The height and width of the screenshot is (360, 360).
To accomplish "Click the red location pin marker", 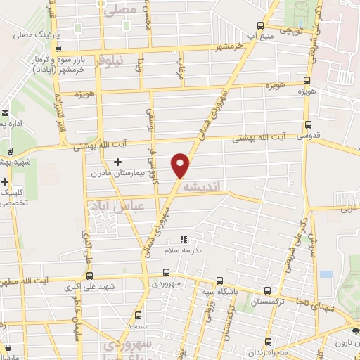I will [181, 165].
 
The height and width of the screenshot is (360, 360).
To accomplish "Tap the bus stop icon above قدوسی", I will [304, 121].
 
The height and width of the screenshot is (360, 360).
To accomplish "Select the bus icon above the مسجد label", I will [138, 314].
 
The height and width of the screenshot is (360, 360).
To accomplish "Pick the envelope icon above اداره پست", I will [4, 112].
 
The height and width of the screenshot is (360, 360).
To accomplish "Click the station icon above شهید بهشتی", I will [10, 150].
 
